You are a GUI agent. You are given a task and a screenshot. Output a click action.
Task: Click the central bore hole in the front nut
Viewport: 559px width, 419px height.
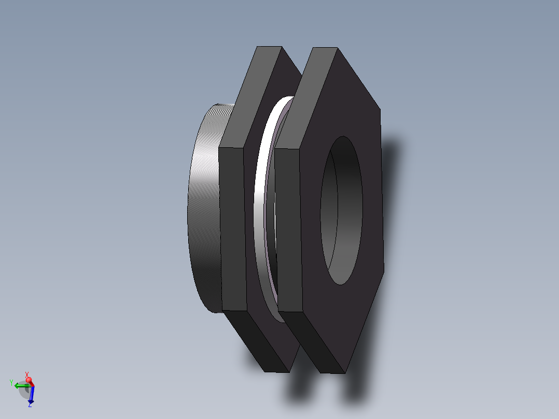341,210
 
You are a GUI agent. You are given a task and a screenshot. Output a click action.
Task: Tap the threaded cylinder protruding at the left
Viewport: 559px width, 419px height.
205,207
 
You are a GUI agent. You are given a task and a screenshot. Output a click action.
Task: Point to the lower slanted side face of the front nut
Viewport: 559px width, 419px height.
311,342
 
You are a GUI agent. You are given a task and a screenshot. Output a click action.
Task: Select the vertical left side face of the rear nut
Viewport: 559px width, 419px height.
232,228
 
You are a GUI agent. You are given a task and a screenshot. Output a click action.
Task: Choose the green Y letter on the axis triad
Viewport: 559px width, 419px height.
11,383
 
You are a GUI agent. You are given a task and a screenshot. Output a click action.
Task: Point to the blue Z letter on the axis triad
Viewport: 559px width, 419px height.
30,405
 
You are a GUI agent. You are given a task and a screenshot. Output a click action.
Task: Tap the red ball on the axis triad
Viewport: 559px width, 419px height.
30,380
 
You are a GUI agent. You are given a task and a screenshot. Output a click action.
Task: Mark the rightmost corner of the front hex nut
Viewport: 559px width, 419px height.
384,270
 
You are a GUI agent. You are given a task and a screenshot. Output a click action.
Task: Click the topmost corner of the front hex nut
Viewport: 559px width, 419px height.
337,48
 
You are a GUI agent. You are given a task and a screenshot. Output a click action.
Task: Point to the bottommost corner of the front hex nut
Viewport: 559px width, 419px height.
345,372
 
